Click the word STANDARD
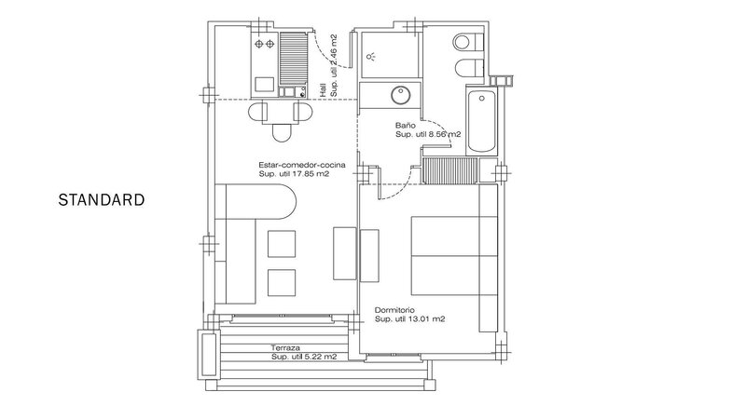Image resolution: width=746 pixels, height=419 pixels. [x=102, y=199]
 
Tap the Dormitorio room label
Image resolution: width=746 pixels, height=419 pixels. [x=394, y=311]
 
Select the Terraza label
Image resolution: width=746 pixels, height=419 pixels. [x=285, y=347]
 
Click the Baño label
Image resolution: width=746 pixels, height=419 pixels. [x=406, y=126]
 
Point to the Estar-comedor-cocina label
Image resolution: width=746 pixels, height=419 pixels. [x=302, y=166]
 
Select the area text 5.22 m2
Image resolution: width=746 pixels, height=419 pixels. [x=321, y=357]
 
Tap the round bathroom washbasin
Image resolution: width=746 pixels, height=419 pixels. [x=401, y=95]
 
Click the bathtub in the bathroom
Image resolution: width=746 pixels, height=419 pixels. [x=481, y=121]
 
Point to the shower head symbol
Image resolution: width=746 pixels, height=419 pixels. [x=370, y=57]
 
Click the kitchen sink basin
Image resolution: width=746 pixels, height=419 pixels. [x=264, y=85]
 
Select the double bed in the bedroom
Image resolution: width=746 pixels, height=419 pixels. [x=454, y=256]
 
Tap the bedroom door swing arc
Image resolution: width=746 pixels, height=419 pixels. [x=398, y=188]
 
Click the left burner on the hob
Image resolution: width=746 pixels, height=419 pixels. [x=259, y=44]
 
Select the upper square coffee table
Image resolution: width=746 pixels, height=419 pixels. [x=282, y=244]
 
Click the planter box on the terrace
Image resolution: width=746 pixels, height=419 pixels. [x=207, y=355]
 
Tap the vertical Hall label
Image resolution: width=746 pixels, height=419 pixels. [x=323, y=90]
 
